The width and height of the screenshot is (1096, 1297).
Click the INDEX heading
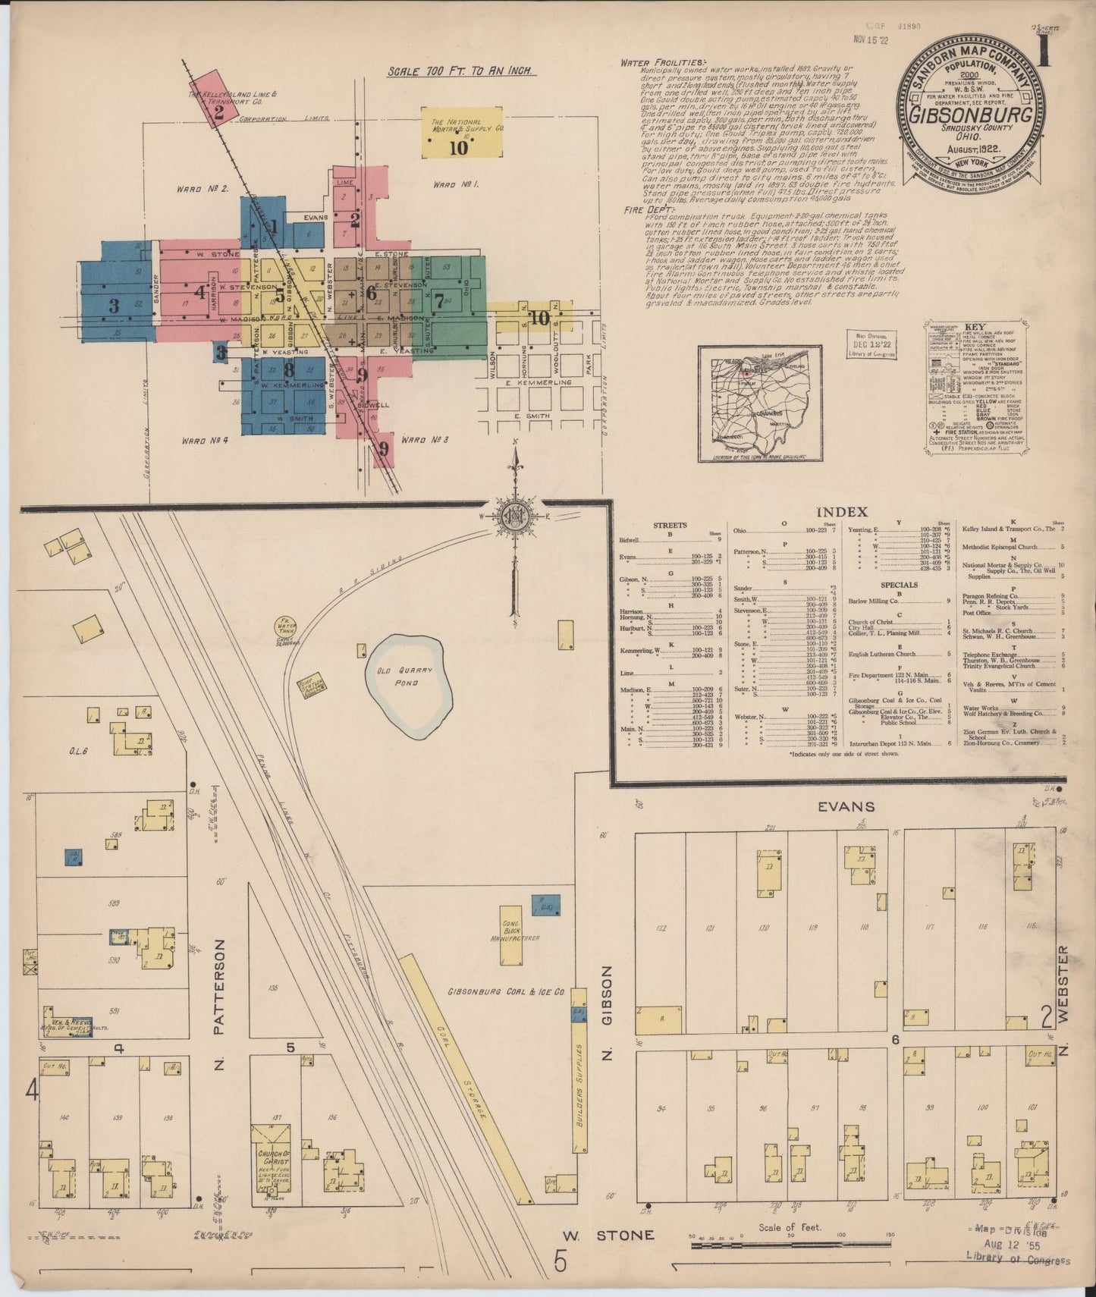click(842, 513)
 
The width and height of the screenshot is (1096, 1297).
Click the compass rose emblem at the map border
click(515, 516)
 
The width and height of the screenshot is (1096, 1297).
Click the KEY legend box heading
click(975, 326)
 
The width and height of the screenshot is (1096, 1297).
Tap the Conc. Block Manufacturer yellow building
click(510, 936)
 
